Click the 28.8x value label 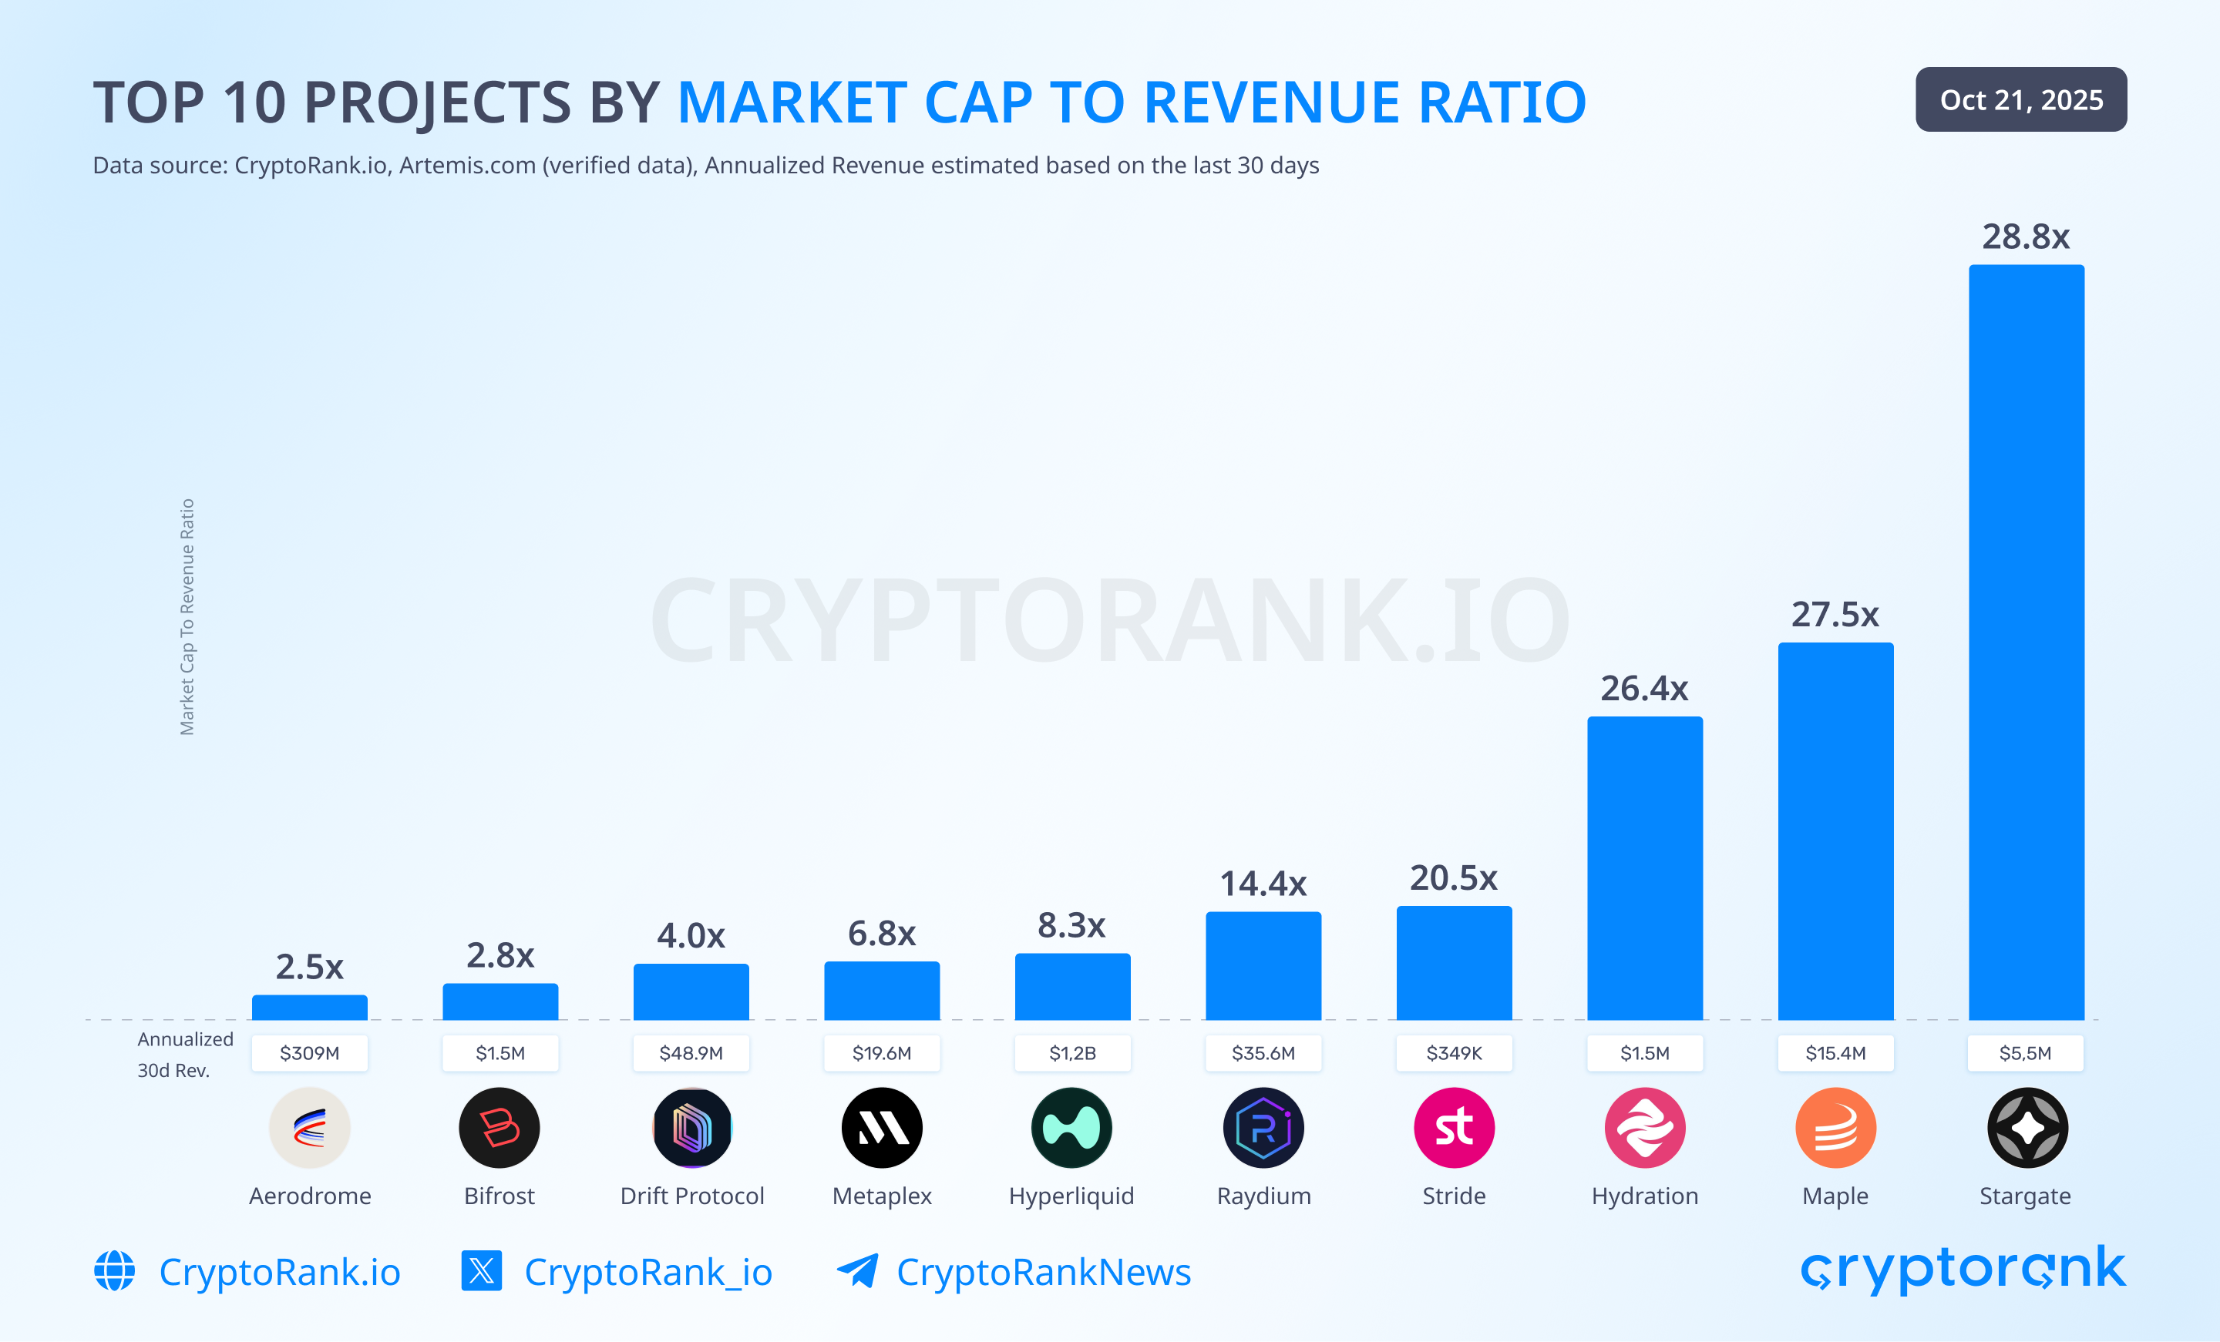pyautogui.click(x=2026, y=237)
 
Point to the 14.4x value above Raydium pyautogui.click(x=1263, y=884)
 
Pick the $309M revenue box pyautogui.click(x=309, y=1053)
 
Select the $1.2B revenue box pyautogui.click(x=1072, y=1053)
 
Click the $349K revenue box pyautogui.click(x=1453, y=1053)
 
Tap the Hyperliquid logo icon pyautogui.click(x=1071, y=1128)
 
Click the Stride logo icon pyautogui.click(x=1453, y=1128)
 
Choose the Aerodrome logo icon pyautogui.click(x=309, y=1128)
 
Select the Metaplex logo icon pyautogui.click(x=881, y=1128)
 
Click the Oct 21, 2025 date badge pyautogui.click(x=2021, y=99)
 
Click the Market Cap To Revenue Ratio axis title pyautogui.click(x=187, y=617)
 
